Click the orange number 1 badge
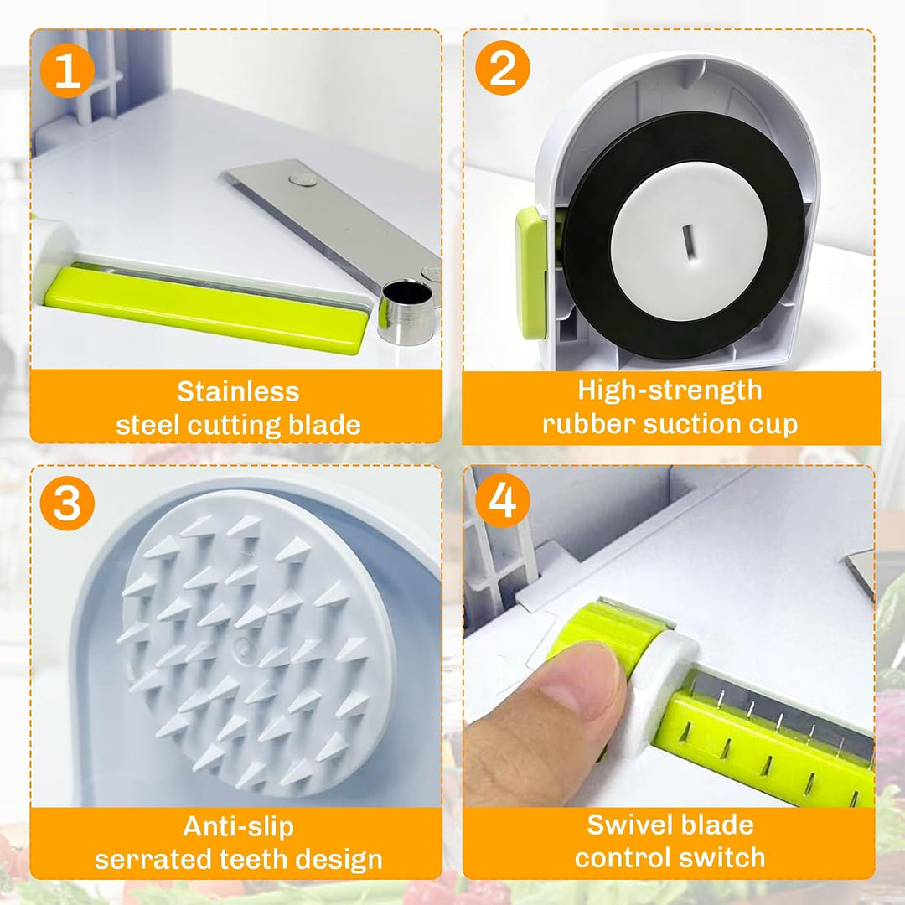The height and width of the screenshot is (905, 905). point(67,70)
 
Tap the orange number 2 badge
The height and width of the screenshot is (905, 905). point(502,68)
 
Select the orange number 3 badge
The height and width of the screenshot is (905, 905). point(67,503)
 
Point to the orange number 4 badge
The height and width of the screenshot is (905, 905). point(502,499)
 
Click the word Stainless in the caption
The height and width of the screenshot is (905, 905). point(238,391)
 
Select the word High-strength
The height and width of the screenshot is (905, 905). point(670,390)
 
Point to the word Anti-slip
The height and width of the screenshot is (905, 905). point(238,826)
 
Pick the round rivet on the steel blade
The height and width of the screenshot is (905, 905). point(303,180)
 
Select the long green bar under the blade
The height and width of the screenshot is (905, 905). point(205,308)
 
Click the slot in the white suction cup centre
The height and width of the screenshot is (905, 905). point(689,242)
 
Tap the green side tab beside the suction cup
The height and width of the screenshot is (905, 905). point(531,272)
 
